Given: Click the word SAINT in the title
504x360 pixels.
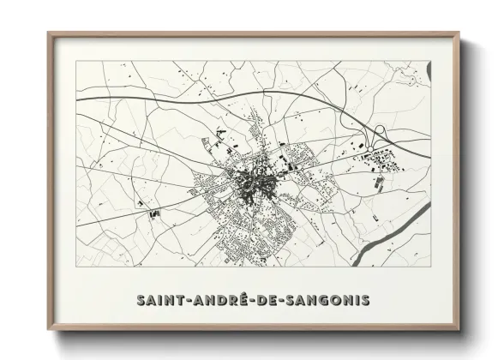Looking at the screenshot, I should (x=159, y=300).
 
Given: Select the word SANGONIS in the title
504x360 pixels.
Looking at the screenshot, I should (x=330, y=300).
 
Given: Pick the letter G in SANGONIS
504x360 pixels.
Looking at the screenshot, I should (x=324, y=300).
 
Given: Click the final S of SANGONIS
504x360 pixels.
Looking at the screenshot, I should (x=366, y=300).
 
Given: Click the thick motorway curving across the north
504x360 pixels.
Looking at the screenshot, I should (x=214, y=93).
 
